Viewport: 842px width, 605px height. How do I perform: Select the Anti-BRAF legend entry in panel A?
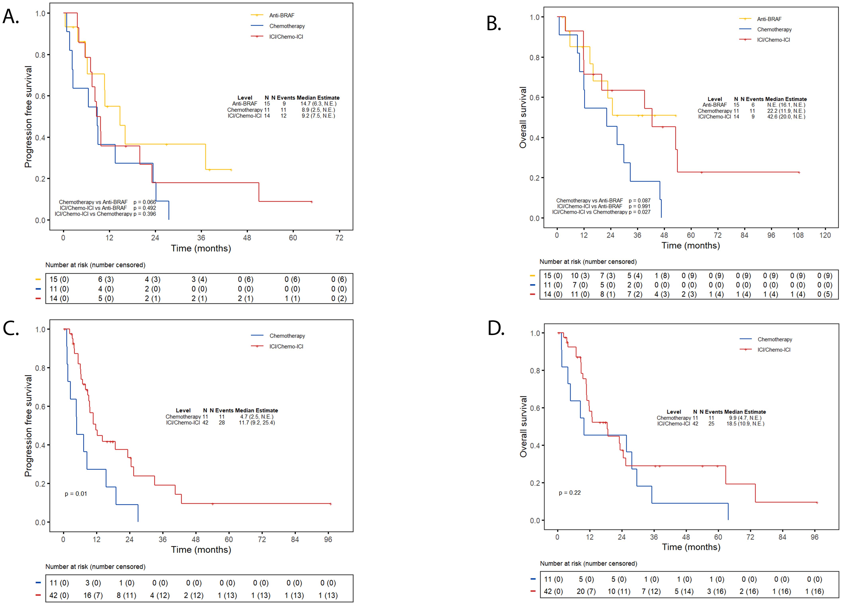pyautogui.click(x=281, y=15)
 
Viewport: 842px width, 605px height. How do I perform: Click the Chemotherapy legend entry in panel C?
pyautogui.click(x=287, y=335)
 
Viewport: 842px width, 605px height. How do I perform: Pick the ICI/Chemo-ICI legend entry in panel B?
pyautogui.click(x=773, y=40)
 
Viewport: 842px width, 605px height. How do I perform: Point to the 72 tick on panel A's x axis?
pyautogui.click(x=339, y=237)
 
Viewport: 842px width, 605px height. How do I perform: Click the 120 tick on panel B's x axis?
pyautogui.click(x=825, y=235)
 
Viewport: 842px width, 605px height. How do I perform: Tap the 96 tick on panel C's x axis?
pyautogui.click(x=328, y=539)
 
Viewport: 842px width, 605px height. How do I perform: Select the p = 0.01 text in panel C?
pyautogui.click(x=76, y=494)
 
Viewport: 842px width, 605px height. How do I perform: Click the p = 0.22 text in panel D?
pyautogui.click(x=569, y=492)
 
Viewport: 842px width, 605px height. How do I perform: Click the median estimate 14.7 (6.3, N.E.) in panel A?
pyautogui.click(x=318, y=104)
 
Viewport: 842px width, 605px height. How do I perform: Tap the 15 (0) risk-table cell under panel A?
pyautogui.click(x=59, y=279)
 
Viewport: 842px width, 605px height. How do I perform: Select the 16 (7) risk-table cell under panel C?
pyautogui.click(x=93, y=595)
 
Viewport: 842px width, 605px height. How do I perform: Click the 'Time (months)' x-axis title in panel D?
pyautogui.click(x=691, y=547)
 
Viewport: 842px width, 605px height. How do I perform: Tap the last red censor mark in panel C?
pyautogui.click(x=330, y=504)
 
